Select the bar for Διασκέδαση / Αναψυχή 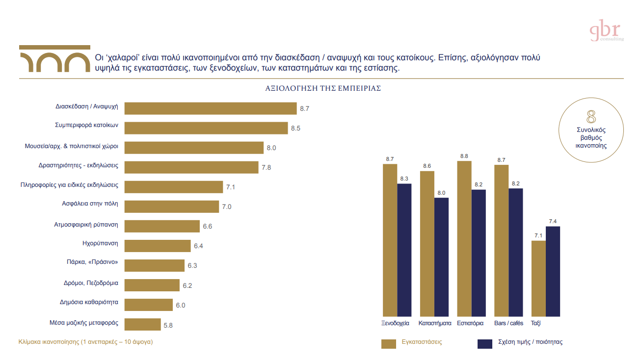click(x=211, y=108)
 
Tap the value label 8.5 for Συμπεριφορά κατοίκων click(x=295, y=129)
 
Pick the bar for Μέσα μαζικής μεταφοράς click(x=143, y=324)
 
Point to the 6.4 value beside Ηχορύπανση click(x=198, y=246)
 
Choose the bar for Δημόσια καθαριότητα click(x=149, y=305)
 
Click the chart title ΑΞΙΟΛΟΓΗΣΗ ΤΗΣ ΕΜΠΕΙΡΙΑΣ click(x=323, y=89)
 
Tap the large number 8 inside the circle click(x=591, y=117)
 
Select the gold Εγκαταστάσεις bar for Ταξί click(x=538, y=278)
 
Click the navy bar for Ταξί click(x=553, y=271)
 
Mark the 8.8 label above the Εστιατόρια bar click(x=464, y=156)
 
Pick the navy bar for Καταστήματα click(x=441, y=257)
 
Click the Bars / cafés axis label click(x=508, y=323)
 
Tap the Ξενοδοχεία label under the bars click(x=395, y=323)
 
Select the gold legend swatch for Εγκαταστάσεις click(x=388, y=344)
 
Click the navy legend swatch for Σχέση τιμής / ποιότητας click(x=484, y=344)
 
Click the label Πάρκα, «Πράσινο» click(x=93, y=262)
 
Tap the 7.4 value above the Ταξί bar click(x=553, y=221)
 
